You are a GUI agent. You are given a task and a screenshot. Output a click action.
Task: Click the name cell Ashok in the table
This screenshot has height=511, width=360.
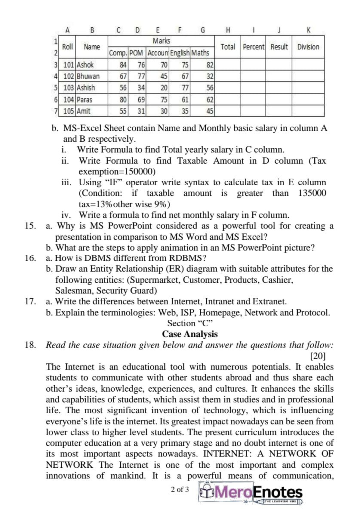pos(84,65)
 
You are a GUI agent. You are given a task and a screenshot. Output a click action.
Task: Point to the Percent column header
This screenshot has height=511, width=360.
pos(253,47)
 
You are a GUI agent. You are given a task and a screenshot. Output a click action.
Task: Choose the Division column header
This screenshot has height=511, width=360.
pos(308,47)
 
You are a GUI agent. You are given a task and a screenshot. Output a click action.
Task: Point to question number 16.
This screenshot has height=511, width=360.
pos(31,258)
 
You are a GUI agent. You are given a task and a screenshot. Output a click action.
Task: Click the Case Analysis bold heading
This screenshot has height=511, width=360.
pos(189,334)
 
